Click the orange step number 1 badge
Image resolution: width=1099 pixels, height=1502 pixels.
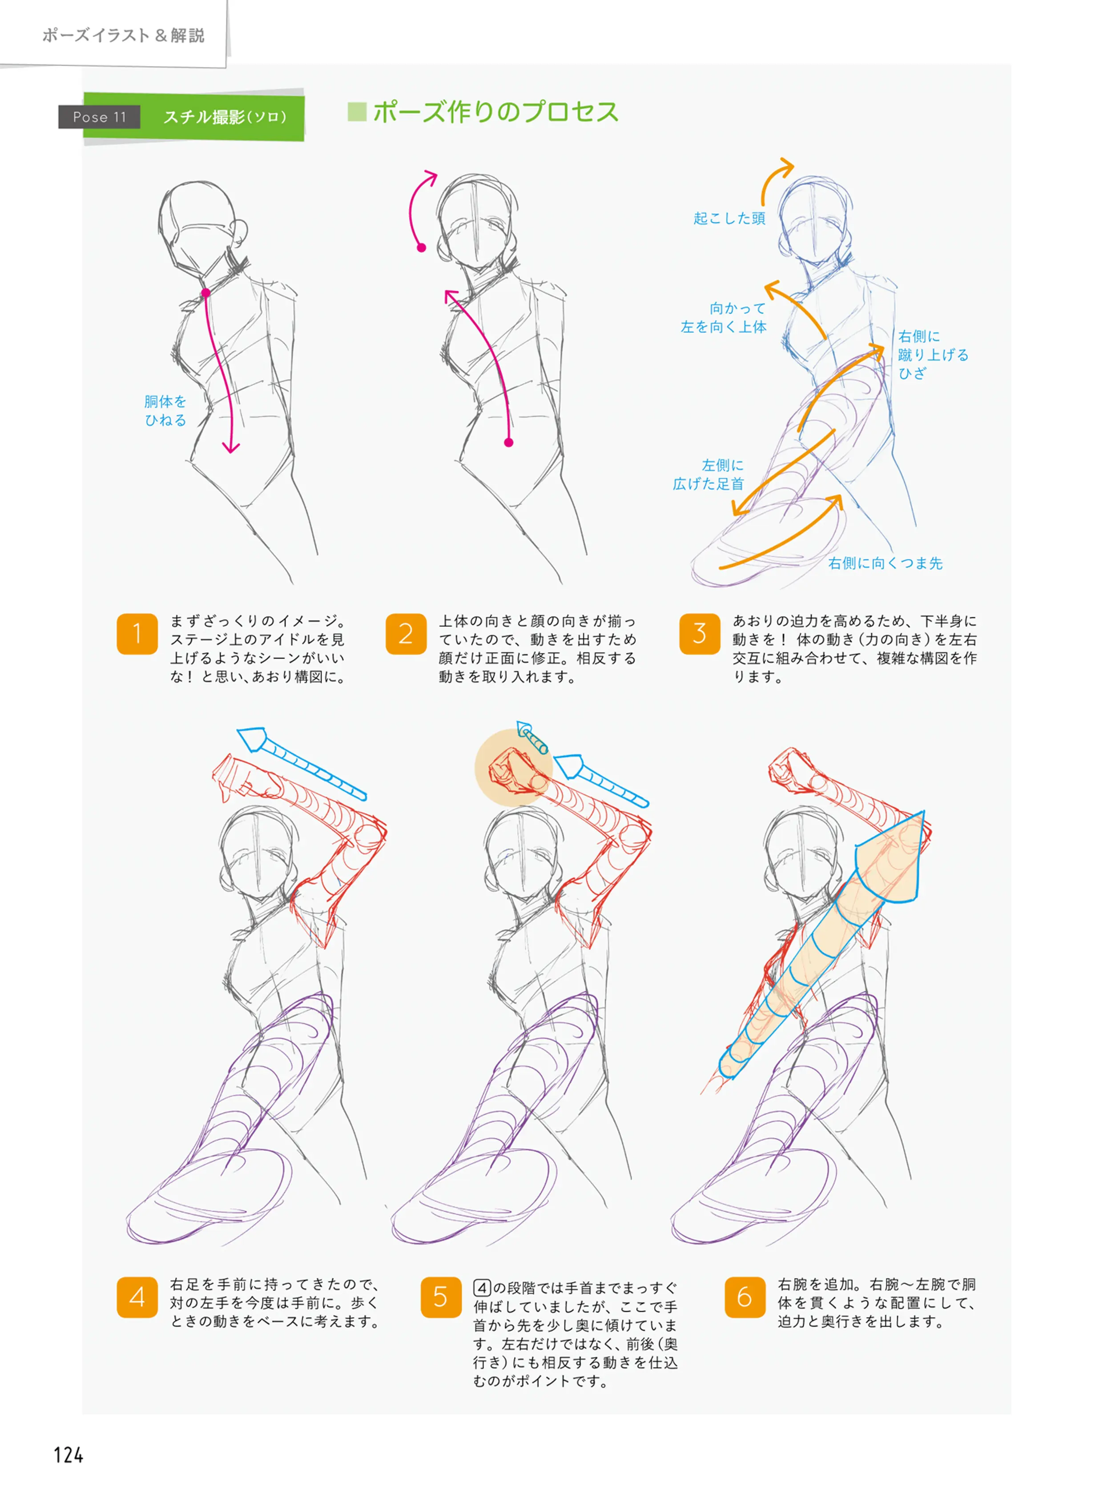click(137, 633)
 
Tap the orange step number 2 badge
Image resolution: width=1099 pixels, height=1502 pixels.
click(406, 633)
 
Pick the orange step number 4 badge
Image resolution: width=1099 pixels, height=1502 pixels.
click(137, 1297)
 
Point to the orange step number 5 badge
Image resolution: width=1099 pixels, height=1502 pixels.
click(441, 1297)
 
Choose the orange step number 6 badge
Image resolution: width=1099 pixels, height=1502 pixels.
click(745, 1297)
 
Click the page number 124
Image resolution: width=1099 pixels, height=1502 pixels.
click(68, 1455)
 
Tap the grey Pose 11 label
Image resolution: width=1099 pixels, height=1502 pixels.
click(99, 117)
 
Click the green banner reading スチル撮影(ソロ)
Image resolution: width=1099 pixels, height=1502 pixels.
click(225, 117)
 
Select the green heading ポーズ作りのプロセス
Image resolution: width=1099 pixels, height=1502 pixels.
click(495, 112)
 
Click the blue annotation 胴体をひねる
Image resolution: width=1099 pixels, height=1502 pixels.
click(165, 410)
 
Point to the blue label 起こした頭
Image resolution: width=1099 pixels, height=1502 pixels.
click(729, 218)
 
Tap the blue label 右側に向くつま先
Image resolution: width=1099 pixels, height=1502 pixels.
click(886, 563)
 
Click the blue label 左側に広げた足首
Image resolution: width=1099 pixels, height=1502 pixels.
click(709, 474)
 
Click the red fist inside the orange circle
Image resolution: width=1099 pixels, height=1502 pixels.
click(513, 771)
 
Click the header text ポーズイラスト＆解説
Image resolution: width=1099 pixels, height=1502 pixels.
click(123, 35)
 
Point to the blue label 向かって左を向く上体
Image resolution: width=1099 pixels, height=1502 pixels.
click(724, 317)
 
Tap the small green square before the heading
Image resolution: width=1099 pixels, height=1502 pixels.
click(357, 112)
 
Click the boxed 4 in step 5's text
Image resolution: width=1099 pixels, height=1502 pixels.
click(482, 1288)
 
